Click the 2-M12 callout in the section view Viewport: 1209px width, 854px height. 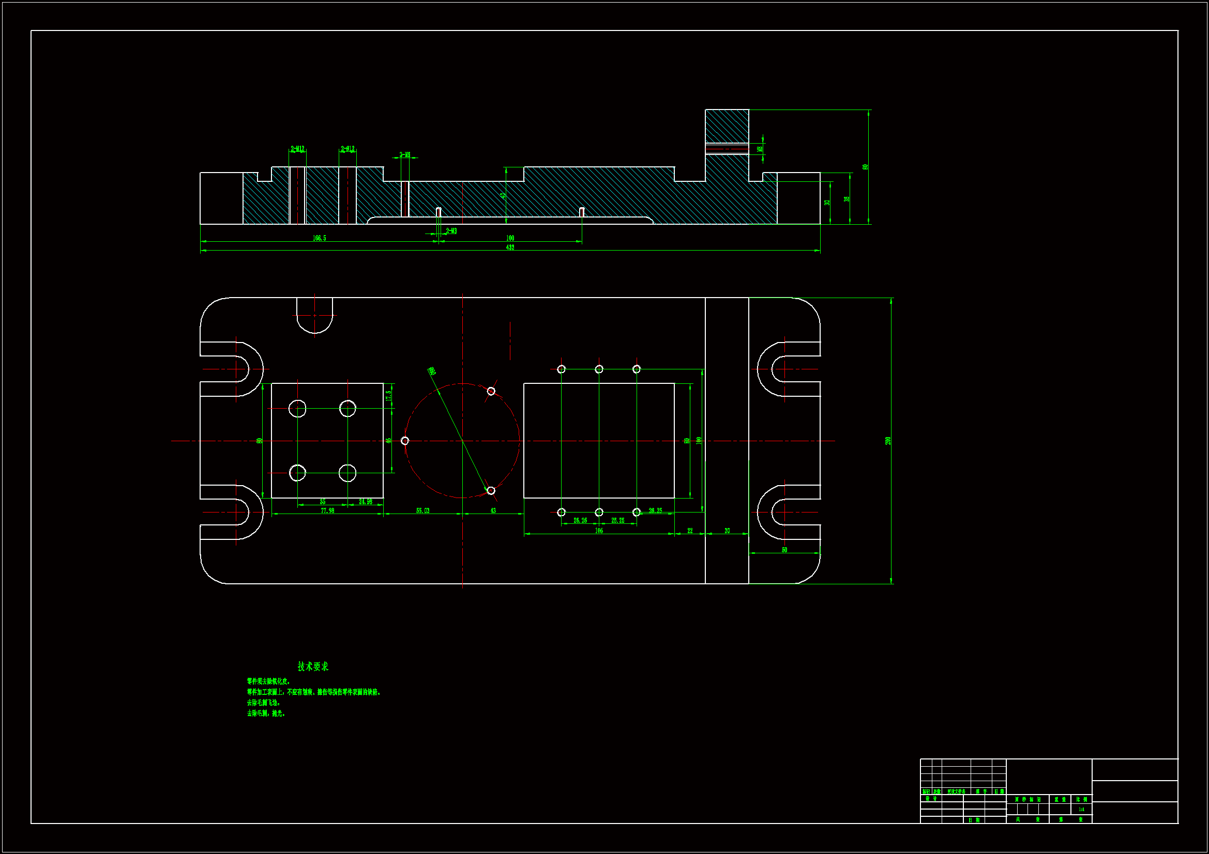(x=297, y=149)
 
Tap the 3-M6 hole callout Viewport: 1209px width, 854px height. (x=404, y=154)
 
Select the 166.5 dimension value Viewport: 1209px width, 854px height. (x=319, y=238)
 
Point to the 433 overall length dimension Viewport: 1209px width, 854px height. (x=510, y=247)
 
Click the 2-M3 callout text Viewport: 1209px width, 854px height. (x=451, y=231)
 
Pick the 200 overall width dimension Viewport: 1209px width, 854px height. (x=888, y=441)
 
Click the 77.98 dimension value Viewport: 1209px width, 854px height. (x=327, y=510)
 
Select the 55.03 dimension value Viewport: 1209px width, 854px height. (x=422, y=510)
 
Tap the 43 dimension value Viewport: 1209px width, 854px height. (x=493, y=510)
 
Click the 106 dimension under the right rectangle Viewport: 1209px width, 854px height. (x=599, y=531)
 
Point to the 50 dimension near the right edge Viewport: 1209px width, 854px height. (x=784, y=550)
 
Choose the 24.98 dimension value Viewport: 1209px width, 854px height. (x=366, y=502)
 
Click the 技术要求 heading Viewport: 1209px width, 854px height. (x=313, y=666)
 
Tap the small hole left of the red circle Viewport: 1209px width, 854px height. (x=405, y=441)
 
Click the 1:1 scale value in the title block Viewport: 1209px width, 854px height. (x=1081, y=809)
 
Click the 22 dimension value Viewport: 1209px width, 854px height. (x=690, y=531)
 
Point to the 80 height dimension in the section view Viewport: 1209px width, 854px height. (x=865, y=167)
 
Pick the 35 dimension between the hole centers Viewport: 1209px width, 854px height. (x=322, y=502)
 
